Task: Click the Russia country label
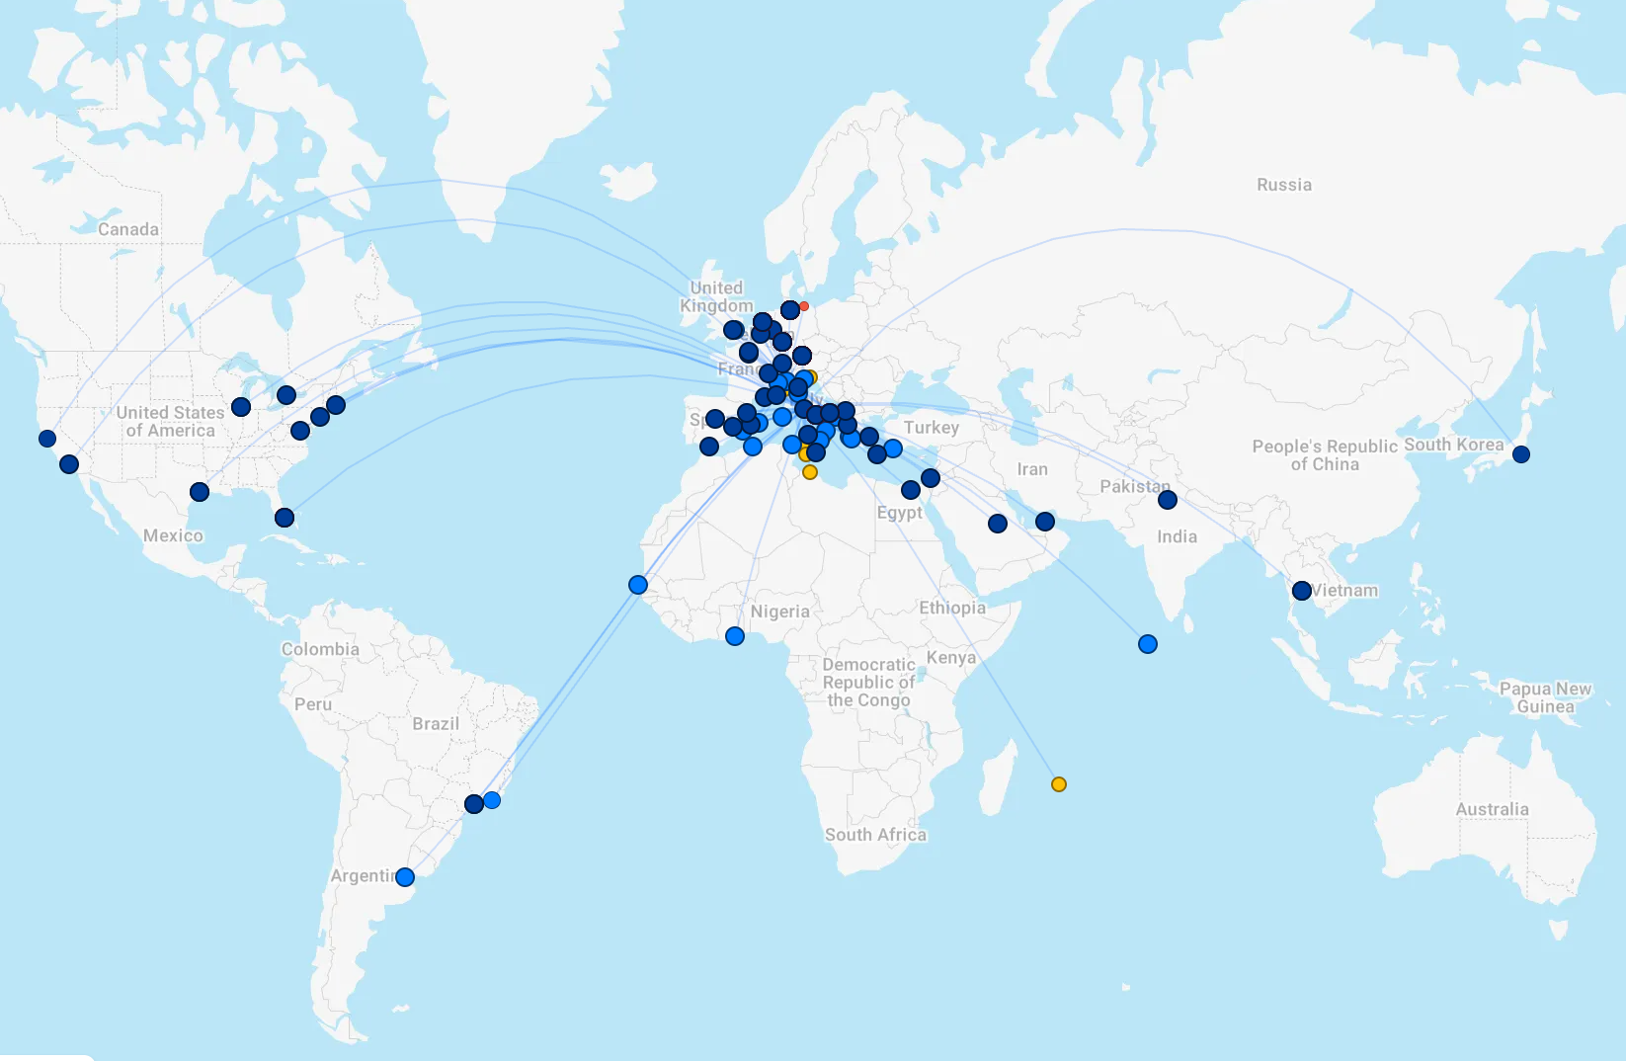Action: [1284, 185]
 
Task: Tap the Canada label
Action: [128, 229]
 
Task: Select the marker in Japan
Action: [1521, 454]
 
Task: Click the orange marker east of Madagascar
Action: [1059, 784]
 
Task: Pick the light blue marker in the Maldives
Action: [1148, 644]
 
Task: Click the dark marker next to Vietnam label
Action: [1302, 591]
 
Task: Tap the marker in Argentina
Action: [405, 876]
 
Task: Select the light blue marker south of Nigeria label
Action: [735, 636]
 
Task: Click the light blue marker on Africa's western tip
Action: [638, 585]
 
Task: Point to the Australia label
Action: [1492, 809]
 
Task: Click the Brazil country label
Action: [436, 723]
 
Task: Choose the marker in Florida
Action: [285, 518]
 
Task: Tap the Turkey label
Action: [931, 427]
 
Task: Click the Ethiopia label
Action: [952, 608]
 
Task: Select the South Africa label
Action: [875, 835]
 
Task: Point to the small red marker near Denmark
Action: [804, 306]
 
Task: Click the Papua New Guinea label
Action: [1545, 697]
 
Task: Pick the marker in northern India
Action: [1168, 500]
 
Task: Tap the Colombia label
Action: [320, 649]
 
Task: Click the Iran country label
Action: [1032, 469]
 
